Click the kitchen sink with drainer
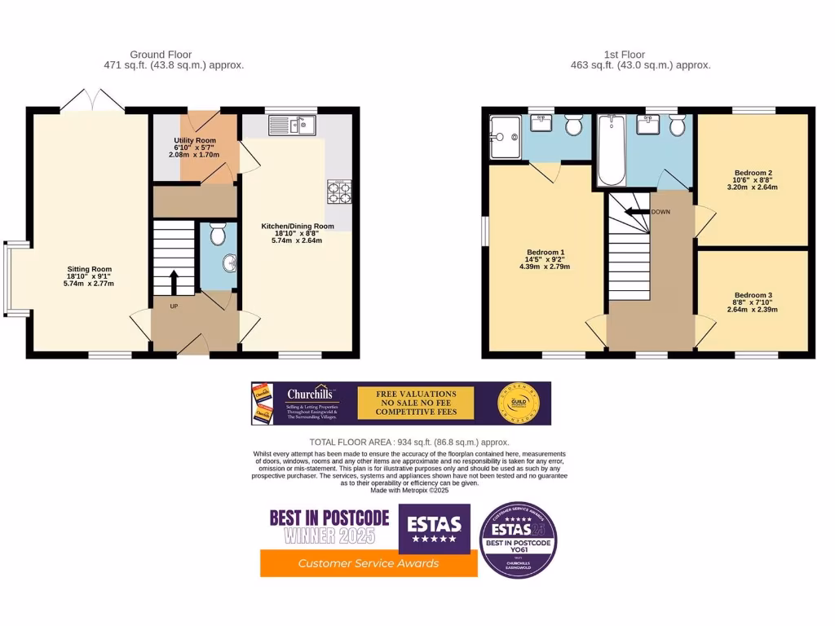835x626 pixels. point(291,126)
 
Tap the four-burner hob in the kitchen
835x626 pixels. point(338,192)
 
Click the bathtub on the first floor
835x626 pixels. point(611,151)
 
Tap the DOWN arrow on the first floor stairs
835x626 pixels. point(638,212)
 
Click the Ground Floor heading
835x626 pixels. point(161,55)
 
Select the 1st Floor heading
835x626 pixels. point(624,55)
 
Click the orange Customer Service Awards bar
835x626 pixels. point(369,563)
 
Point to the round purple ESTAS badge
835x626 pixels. point(518,540)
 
